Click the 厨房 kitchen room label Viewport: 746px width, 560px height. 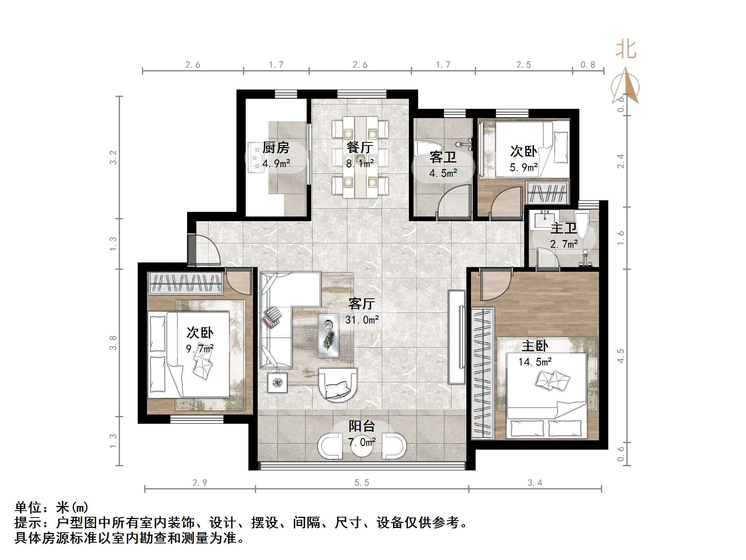(x=276, y=148)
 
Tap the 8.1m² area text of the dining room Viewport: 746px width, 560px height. (x=360, y=164)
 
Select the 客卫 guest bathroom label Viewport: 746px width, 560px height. (x=443, y=157)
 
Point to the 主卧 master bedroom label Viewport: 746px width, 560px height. (x=535, y=346)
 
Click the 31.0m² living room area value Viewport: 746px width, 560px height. (x=362, y=320)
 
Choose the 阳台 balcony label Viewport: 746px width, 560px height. (x=362, y=426)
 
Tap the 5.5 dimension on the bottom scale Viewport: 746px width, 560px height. (x=361, y=482)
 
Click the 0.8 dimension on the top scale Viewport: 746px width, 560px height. (x=587, y=65)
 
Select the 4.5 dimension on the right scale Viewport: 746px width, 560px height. (x=620, y=355)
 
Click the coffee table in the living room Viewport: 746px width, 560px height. (x=329, y=335)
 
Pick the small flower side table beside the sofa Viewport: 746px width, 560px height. (x=278, y=382)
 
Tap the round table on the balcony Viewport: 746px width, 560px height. (x=362, y=448)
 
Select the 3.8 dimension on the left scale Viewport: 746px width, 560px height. (x=113, y=343)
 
